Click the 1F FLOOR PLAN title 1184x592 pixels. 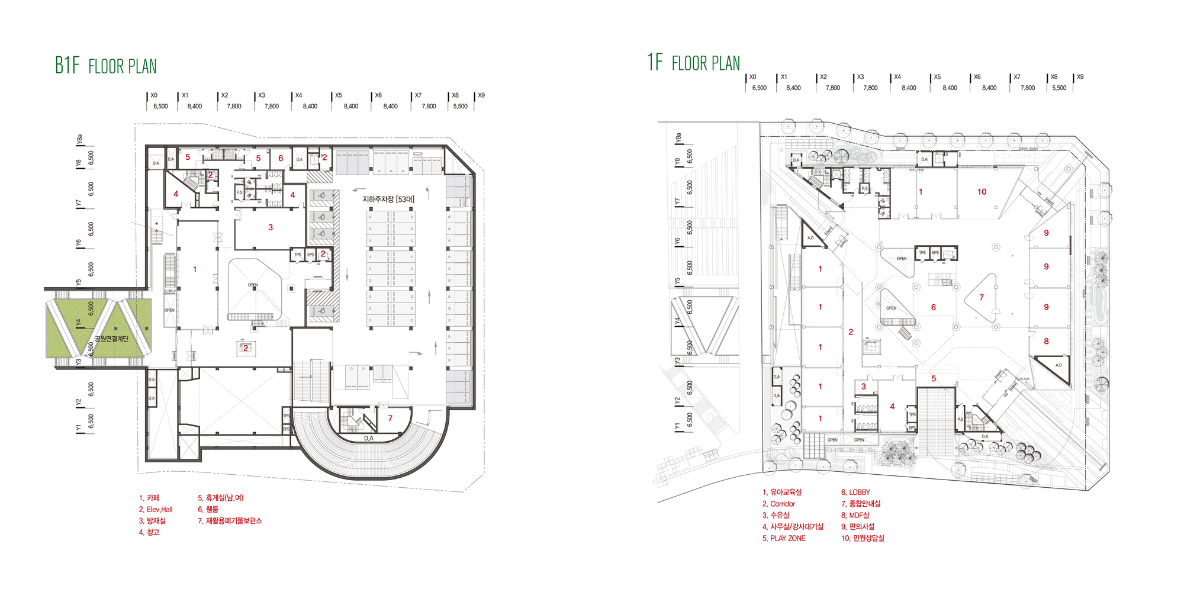[693, 62]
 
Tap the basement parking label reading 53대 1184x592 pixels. [388, 200]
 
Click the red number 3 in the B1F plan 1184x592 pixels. [271, 227]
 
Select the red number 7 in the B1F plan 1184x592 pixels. [390, 418]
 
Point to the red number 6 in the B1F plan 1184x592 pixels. [281, 158]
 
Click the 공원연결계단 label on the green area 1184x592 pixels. [111, 339]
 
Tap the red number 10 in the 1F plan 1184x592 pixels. [982, 192]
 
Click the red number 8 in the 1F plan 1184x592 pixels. [1046, 341]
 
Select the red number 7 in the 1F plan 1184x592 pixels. [981, 298]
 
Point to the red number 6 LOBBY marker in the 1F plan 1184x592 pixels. [933, 307]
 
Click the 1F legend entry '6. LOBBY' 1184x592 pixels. [855, 492]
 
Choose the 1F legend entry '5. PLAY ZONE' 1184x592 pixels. [784, 538]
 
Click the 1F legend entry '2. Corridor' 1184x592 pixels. [778, 504]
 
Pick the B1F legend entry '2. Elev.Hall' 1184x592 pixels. [156, 509]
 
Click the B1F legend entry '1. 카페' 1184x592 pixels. [149, 498]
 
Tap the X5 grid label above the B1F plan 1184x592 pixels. [339, 95]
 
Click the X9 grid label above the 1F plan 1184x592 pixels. [1080, 77]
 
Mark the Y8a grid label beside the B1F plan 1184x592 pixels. [79, 139]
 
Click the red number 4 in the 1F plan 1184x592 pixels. [892, 406]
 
